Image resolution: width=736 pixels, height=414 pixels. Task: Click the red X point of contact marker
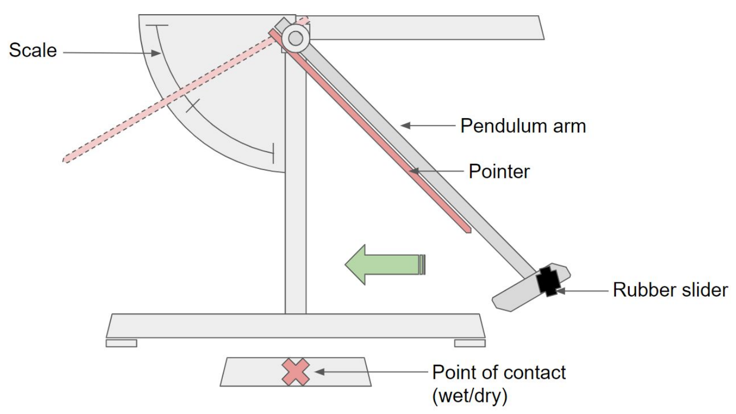click(295, 371)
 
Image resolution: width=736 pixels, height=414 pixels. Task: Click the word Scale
click(33, 51)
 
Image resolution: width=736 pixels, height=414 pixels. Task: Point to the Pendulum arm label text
click(523, 126)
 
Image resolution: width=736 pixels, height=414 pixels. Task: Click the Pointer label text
click(499, 171)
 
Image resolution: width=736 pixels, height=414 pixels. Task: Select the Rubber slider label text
click(670, 289)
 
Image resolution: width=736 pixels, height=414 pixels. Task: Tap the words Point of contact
click(499, 373)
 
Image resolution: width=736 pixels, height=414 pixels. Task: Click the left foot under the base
click(121, 343)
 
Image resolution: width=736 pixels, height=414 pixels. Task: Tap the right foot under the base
click(469, 343)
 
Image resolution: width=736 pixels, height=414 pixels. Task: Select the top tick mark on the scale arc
click(158, 25)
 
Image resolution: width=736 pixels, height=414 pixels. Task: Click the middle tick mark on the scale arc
click(192, 104)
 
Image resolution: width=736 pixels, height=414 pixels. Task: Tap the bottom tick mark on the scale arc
click(273, 153)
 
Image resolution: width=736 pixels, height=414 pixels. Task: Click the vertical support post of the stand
click(295, 210)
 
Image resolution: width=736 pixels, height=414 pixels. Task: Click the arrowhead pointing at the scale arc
click(157, 52)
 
